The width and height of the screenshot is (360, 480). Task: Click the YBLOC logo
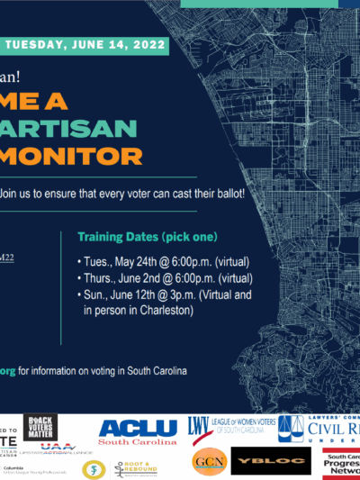point(259,461)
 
